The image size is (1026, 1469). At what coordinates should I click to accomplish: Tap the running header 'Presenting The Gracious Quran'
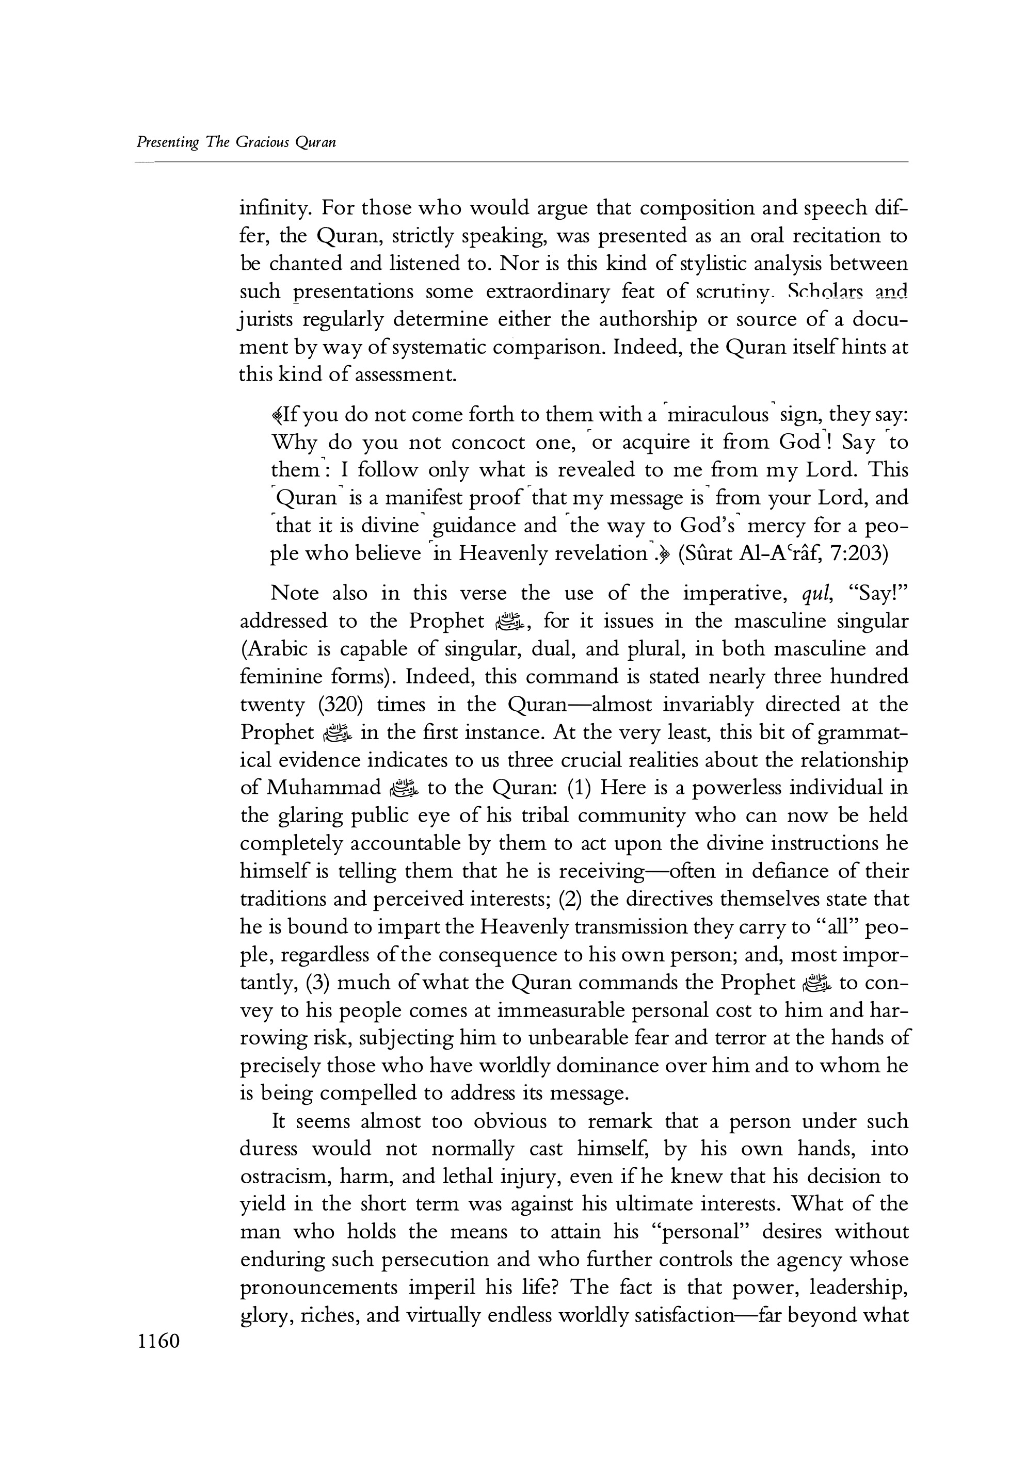point(236,142)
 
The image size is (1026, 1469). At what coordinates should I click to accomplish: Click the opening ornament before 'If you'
point(277,416)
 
